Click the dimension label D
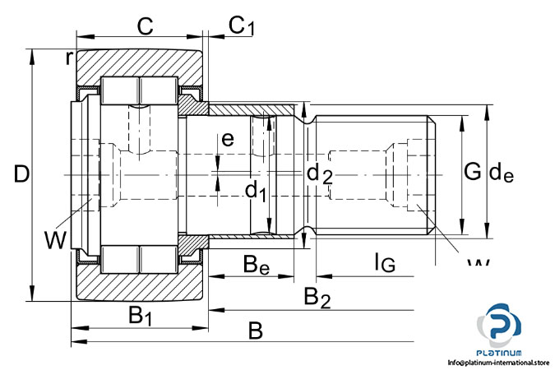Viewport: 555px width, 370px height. (x=22, y=173)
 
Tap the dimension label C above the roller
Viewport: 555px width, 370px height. (x=145, y=26)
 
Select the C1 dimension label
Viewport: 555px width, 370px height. (x=241, y=26)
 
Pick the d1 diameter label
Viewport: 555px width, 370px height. (x=256, y=192)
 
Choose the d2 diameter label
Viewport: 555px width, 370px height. (x=319, y=173)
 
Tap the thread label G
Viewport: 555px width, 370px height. (x=472, y=172)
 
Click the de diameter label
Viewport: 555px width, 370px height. (x=501, y=173)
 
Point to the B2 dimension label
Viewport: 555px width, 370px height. (x=317, y=297)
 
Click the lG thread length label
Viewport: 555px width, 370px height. (x=384, y=262)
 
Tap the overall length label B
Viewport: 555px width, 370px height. (x=256, y=331)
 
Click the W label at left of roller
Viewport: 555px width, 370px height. (x=56, y=240)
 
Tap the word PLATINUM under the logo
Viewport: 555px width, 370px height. (x=501, y=351)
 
